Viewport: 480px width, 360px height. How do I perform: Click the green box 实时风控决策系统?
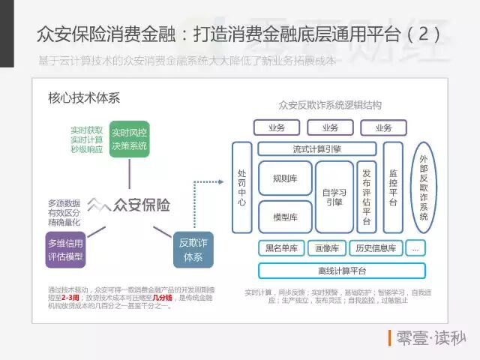tap(129, 139)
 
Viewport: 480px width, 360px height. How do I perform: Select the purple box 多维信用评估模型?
tap(65, 250)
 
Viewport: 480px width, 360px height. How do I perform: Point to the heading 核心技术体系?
tap(83, 98)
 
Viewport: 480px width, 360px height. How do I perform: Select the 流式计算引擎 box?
tap(317, 148)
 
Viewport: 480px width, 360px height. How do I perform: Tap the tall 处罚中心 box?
tap(241, 187)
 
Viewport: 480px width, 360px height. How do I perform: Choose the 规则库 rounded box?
tap(285, 178)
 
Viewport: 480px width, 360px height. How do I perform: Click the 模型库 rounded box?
tap(285, 217)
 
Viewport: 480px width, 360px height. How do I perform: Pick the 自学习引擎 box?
tap(334, 196)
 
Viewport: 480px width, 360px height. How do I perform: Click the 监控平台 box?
tap(393, 187)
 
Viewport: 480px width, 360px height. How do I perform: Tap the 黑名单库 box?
tap(282, 247)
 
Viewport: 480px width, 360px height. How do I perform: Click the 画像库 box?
tap(326, 247)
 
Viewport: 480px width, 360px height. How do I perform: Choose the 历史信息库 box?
tap(375, 247)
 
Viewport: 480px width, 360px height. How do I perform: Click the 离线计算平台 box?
tap(331, 271)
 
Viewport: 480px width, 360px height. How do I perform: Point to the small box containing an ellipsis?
tap(415, 247)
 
